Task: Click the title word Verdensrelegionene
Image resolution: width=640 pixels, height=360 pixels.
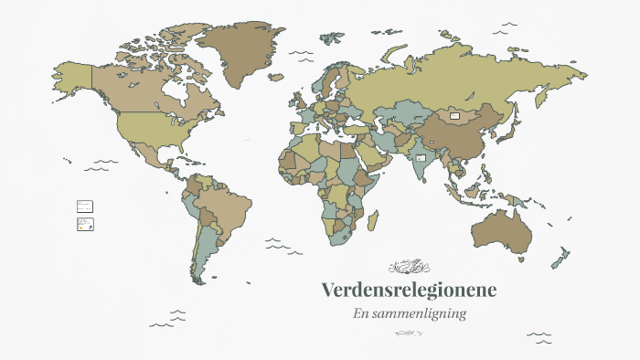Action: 409,291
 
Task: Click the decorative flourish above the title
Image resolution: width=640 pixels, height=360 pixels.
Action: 409,267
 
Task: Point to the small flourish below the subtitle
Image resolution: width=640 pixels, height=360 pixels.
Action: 409,334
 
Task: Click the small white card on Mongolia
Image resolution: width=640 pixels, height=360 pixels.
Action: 454,116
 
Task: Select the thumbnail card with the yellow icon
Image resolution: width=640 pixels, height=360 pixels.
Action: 85,225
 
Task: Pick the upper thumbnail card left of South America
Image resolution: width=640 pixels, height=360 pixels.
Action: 85,206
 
